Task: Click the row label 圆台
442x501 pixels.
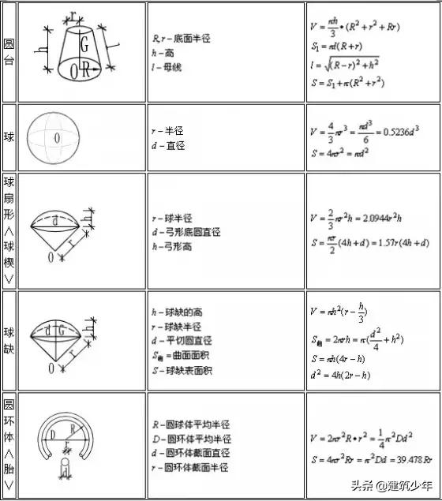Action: (x=9, y=52)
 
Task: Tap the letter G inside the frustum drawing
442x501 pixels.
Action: (x=84, y=47)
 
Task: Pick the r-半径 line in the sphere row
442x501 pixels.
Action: (x=168, y=132)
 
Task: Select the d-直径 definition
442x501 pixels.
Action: (x=168, y=146)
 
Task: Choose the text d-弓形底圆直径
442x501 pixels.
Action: (x=186, y=233)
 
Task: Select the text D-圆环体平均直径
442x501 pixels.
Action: (x=192, y=439)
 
